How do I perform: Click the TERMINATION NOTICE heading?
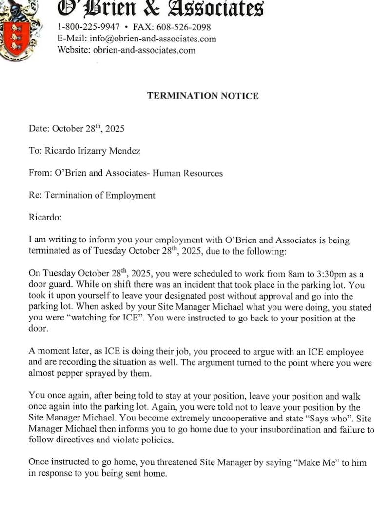pyautogui.click(x=203, y=96)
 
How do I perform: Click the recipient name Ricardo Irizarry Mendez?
pyautogui.click(x=93, y=151)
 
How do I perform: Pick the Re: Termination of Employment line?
pyautogui.click(x=92, y=196)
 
